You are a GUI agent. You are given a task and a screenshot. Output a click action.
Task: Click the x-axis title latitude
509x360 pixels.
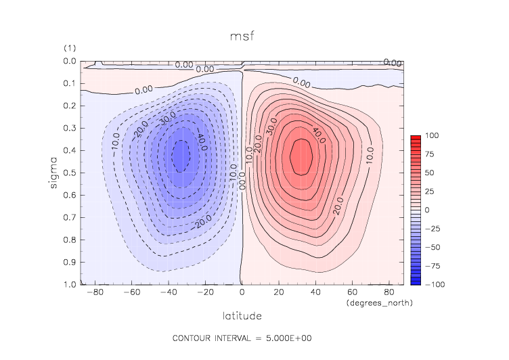coord(242,315)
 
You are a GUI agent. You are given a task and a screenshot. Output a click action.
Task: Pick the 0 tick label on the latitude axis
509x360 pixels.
coord(242,292)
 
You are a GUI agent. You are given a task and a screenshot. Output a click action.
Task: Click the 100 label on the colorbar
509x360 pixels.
coord(430,136)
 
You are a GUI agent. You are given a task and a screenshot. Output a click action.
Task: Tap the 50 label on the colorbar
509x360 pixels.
coord(428,173)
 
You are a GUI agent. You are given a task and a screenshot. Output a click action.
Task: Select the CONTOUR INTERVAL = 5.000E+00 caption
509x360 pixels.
coord(242,338)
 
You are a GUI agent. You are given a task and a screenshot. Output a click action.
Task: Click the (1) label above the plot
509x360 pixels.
coord(69,48)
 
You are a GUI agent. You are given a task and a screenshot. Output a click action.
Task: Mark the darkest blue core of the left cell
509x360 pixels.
coord(181,156)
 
